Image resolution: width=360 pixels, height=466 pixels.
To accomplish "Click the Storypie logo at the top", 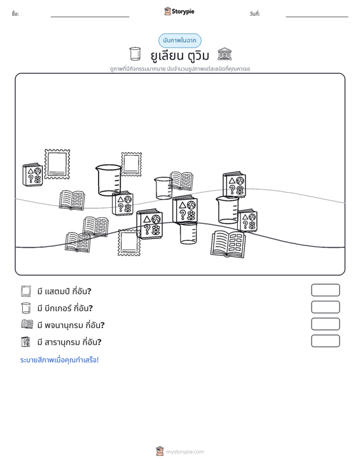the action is point(179,11).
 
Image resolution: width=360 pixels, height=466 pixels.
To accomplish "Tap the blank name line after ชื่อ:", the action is point(90,17).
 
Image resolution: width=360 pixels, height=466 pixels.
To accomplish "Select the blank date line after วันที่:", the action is point(317,17).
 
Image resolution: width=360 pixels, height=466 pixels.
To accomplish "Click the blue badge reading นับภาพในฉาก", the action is point(179,41).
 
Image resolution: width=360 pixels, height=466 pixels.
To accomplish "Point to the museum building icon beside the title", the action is point(225,54).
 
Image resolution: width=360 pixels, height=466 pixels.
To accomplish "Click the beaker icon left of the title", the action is point(135,54).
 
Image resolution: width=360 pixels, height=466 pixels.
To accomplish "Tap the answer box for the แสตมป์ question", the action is point(325,290).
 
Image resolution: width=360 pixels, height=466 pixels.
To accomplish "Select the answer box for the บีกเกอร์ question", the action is point(325,307).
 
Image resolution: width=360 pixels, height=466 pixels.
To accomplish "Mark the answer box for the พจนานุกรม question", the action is point(325,324).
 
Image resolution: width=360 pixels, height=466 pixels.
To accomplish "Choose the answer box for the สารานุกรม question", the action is point(325,341).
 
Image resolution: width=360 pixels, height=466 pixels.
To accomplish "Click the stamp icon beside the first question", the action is point(26,291).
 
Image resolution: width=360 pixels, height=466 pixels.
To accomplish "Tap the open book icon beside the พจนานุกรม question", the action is point(27,324).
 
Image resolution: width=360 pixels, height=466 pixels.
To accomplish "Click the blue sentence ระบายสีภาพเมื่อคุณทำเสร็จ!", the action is point(59,360).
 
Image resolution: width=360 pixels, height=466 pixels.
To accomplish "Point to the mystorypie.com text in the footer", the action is point(184,452).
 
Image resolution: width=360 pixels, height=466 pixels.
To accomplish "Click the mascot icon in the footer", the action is point(160,451).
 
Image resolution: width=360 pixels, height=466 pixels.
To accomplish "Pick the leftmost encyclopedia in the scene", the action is point(32,175).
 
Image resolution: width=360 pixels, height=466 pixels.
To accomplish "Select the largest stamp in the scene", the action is point(57,164).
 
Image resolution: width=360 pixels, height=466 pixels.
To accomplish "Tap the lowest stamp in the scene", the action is point(129,243).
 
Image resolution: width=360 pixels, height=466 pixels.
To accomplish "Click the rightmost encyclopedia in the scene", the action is point(247,220).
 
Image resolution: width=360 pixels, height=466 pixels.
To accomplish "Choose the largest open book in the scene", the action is point(228,243).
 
